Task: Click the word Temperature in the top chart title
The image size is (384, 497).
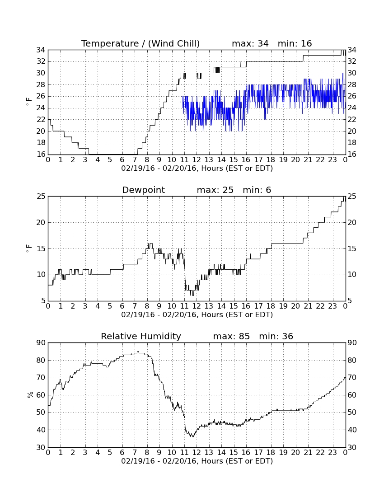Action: [x=110, y=43]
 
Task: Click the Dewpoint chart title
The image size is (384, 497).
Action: [x=143, y=190]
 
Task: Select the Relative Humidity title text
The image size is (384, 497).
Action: [x=141, y=336]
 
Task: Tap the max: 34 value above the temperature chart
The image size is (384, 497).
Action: [x=250, y=43]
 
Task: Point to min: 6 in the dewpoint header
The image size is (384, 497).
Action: [x=257, y=190]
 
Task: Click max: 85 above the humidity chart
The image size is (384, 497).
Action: [x=231, y=336]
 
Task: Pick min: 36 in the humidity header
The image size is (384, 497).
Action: [x=276, y=336]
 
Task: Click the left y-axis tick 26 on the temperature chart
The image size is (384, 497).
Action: [x=41, y=96]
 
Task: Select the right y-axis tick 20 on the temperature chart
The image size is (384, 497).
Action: [x=351, y=131]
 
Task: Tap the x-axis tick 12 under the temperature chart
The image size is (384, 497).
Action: [x=197, y=159]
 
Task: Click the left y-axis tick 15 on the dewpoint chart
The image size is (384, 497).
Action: [x=41, y=248]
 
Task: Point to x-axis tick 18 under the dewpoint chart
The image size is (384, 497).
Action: [x=271, y=306]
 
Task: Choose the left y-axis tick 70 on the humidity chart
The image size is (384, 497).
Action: [x=41, y=378]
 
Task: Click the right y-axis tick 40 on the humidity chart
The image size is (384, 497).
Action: [x=351, y=430]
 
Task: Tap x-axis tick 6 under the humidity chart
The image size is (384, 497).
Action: [x=122, y=452]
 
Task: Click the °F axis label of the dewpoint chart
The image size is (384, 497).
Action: [x=29, y=248]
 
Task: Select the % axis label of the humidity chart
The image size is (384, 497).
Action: [x=30, y=395]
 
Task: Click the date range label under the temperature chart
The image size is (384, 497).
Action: [x=197, y=168]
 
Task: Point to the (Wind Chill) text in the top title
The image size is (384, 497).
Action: [x=174, y=43]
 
